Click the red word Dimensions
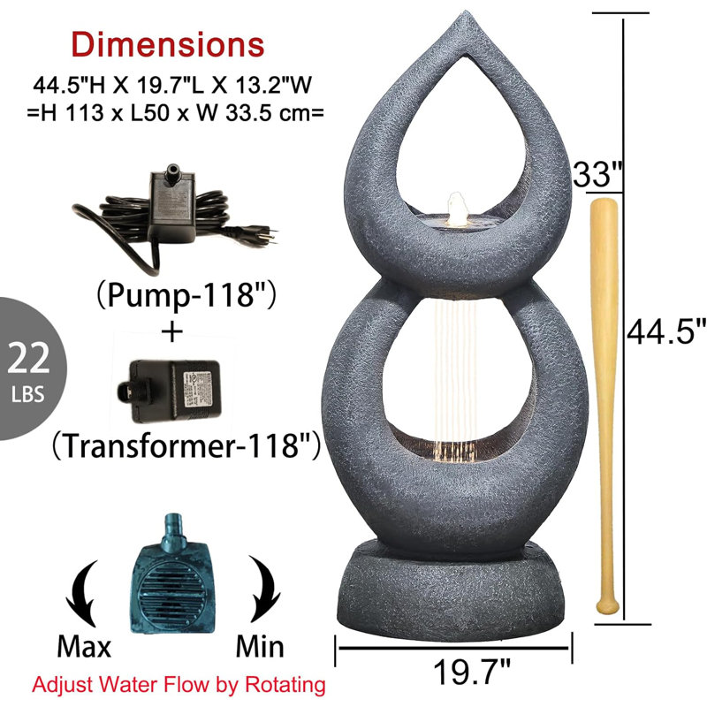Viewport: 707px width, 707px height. [x=168, y=45]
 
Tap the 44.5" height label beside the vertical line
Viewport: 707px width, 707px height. [x=666, y=331]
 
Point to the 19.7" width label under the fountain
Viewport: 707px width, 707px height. [x=472, y=672]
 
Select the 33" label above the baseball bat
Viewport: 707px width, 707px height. [x=598, y=174]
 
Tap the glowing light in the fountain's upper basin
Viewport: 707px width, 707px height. [x=458, y=210]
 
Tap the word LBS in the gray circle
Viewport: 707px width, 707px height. [x=28, y=394]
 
